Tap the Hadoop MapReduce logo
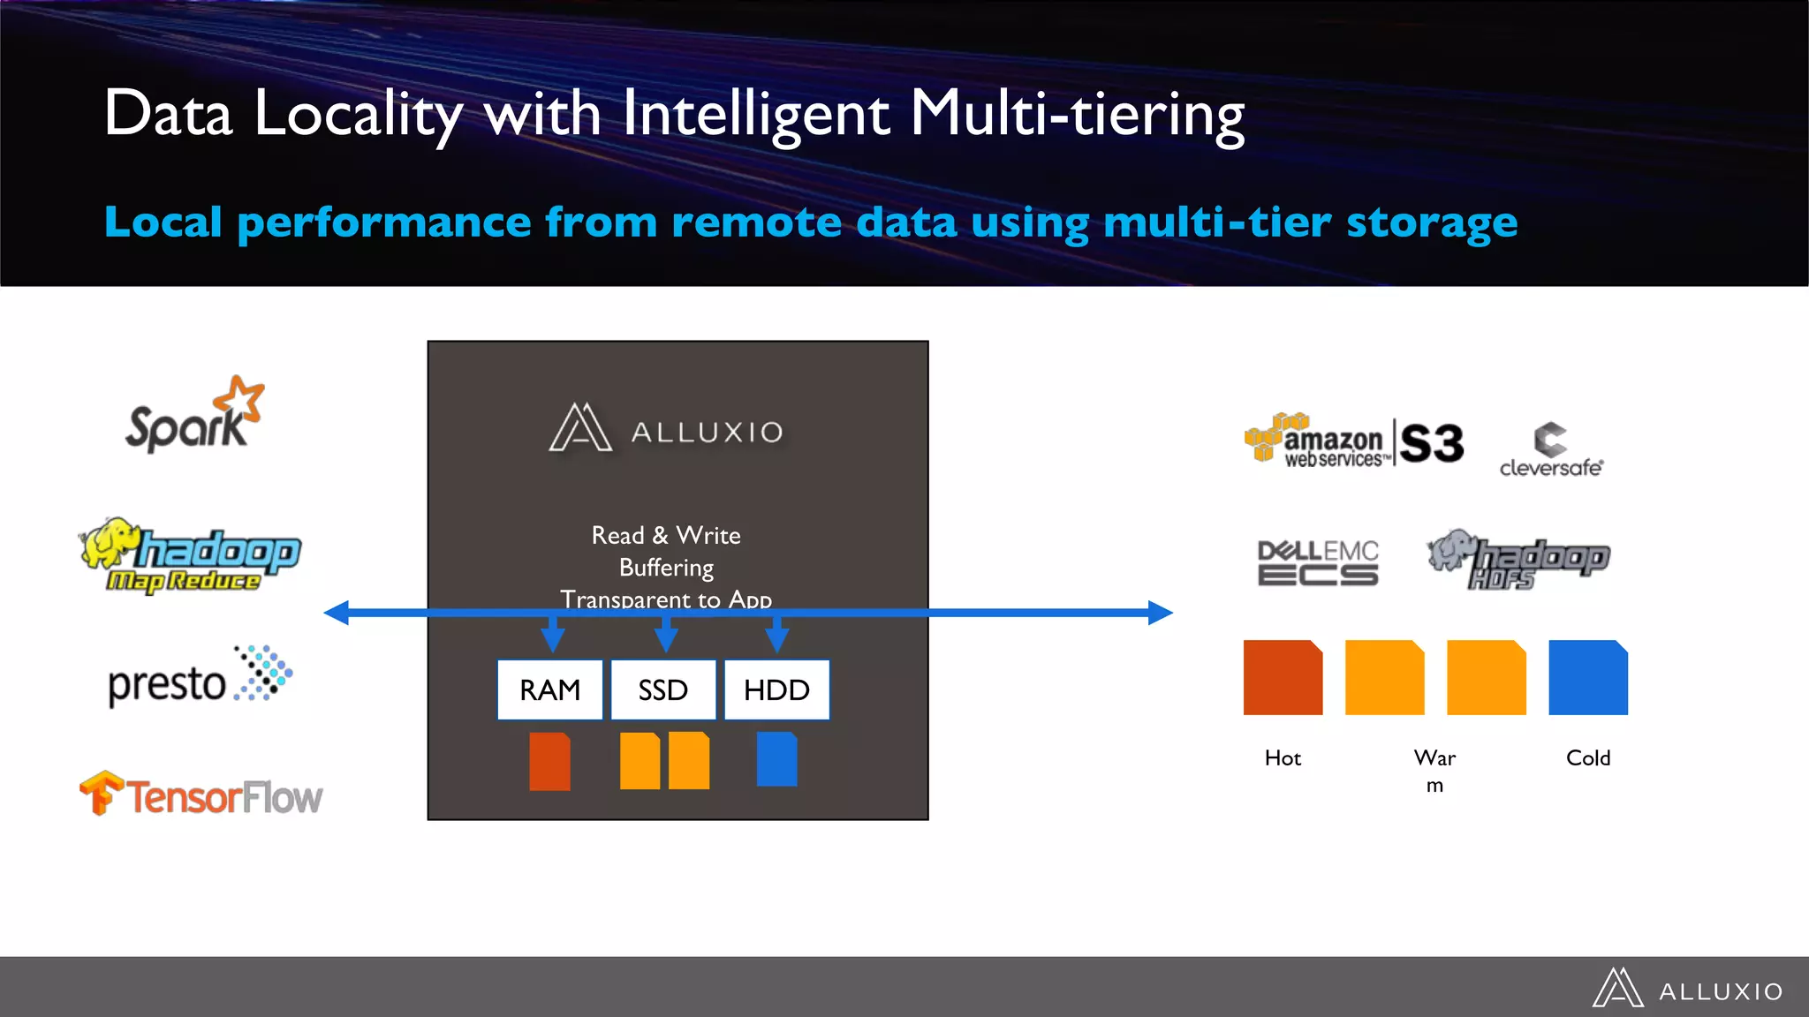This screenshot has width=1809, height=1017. coord(190,556)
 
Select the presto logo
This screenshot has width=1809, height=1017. coord(200,678)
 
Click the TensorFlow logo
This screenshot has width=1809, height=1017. coord(201,795)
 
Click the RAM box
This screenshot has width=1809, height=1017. coord(549,689)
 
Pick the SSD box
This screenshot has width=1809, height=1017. coord(663,689)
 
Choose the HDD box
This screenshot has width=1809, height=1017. coord(776,689)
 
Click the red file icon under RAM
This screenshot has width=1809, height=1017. coord(549,761)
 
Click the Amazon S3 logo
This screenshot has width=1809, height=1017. coord(1354,441)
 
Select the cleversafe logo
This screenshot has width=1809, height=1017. coord(1551,451)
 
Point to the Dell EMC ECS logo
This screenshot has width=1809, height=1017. coord(1318,562)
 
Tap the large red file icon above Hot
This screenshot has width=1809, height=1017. coord(1283,677)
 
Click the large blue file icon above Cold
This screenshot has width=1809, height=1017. coord(1587,677)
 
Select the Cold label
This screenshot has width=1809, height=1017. coord(1587,757)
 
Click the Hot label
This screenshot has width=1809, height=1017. coord(1283,757)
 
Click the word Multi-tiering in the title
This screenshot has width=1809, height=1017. coord(1077,115)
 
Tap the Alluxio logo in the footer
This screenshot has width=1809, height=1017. coord(1688,989)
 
